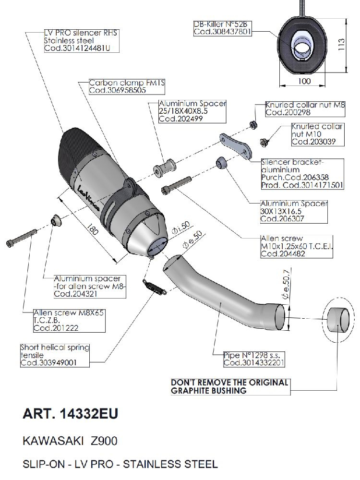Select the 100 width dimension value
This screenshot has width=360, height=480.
point(303,81)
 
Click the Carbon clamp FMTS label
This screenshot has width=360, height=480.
point(127,83)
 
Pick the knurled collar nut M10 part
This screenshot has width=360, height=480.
point(264,142)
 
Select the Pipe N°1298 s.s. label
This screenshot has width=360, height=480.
point(248,355)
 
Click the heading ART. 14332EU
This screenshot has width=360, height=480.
point(71,414)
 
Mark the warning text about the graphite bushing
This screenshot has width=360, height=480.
point(230,386)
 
